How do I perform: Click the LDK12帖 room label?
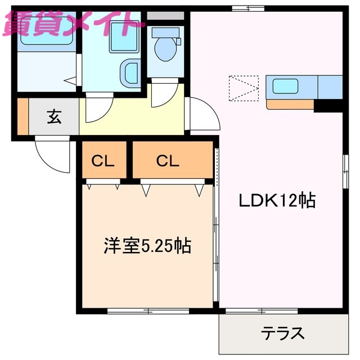coord(277,200)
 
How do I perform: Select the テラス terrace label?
coord(282,333)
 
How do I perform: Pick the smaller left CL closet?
coord(104,161)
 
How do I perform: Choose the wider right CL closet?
coord(168,161)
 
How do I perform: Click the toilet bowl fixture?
coord(165,48)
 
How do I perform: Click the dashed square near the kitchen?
coord(244,89)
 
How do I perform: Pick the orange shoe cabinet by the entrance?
coord(22,117)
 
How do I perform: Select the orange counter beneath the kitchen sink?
coord(290,104)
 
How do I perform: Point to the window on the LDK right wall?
coord(344,169)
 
